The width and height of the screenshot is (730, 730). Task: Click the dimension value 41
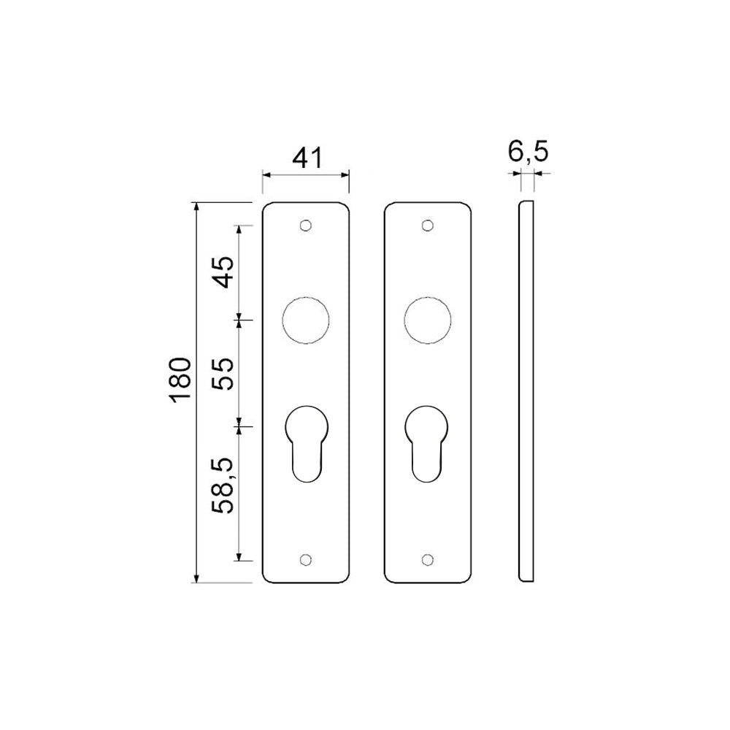pos(306,158)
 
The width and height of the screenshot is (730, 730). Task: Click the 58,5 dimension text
pos(223,486)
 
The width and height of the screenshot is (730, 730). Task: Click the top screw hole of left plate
pos(306,226)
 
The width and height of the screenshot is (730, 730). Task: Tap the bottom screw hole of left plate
pos(306,560)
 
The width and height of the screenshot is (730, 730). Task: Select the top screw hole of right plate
pos(428,226)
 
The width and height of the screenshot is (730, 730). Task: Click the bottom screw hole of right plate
pos(428,560)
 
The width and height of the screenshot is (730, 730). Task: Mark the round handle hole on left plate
pos(306,319)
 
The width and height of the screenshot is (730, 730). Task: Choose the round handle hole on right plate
pos(428,319)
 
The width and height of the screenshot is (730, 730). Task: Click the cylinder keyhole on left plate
pos(306,442)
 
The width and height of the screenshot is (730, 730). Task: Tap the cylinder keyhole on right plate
pos(428,442)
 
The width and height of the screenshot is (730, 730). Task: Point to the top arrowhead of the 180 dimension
pos(196,208)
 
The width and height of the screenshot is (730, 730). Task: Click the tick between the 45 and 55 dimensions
pos(239,320)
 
